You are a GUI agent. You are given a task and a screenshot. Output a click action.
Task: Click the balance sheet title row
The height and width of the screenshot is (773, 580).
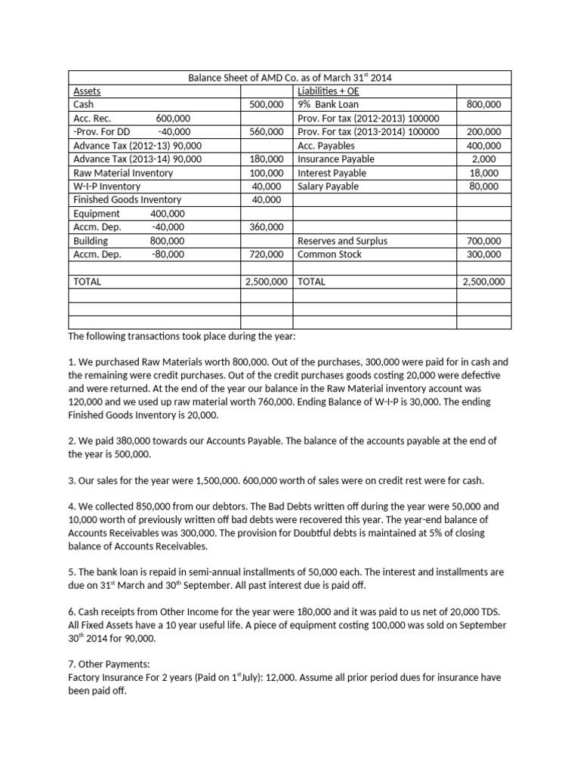[290, 78]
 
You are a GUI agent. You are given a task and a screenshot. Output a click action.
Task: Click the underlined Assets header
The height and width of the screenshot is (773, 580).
[87, 91]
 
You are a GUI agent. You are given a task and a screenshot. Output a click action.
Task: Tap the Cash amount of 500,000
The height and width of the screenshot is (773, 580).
[266, 105]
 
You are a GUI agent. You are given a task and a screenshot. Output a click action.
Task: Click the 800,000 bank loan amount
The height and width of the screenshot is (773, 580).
[484, 105]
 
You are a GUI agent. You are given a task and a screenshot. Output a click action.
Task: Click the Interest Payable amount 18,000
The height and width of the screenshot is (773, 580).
[484, 173]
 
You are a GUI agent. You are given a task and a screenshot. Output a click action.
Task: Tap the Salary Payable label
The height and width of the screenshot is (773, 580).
[328, 186]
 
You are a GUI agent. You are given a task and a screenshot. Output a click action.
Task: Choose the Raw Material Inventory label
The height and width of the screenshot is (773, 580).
[123, 173]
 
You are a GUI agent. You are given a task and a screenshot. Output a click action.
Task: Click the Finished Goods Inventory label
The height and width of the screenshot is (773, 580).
[127, 200]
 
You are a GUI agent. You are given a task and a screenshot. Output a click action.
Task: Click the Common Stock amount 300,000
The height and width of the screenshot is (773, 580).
[484, 254]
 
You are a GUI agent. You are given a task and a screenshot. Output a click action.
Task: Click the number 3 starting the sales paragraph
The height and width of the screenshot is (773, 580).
[71, 481]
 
